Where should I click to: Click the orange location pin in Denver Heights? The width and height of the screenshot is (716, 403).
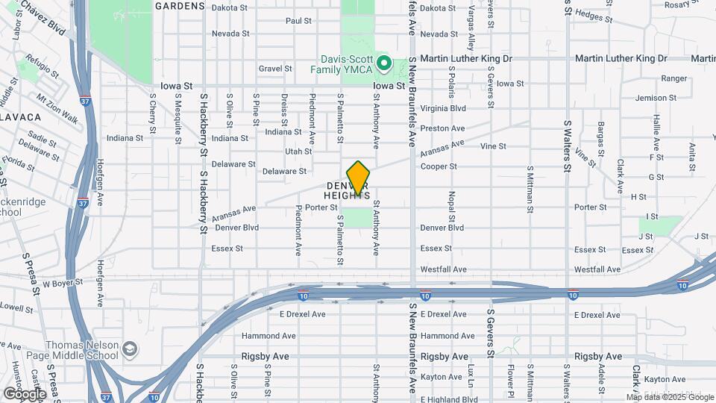click(359, 178)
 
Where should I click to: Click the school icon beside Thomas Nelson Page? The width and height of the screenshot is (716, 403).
click(130, 349)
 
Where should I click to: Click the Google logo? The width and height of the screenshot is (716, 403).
click(25, 393)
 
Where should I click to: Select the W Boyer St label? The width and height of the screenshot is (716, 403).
click(61, 284)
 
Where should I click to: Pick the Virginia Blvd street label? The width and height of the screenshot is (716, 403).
click(443, 107)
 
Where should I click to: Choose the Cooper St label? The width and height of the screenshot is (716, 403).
click(438, 166)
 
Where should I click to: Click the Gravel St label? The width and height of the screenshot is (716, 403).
click(275, 69)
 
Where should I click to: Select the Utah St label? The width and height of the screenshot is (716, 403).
click(298, 151)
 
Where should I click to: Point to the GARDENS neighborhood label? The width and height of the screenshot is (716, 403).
click(180, 6)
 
